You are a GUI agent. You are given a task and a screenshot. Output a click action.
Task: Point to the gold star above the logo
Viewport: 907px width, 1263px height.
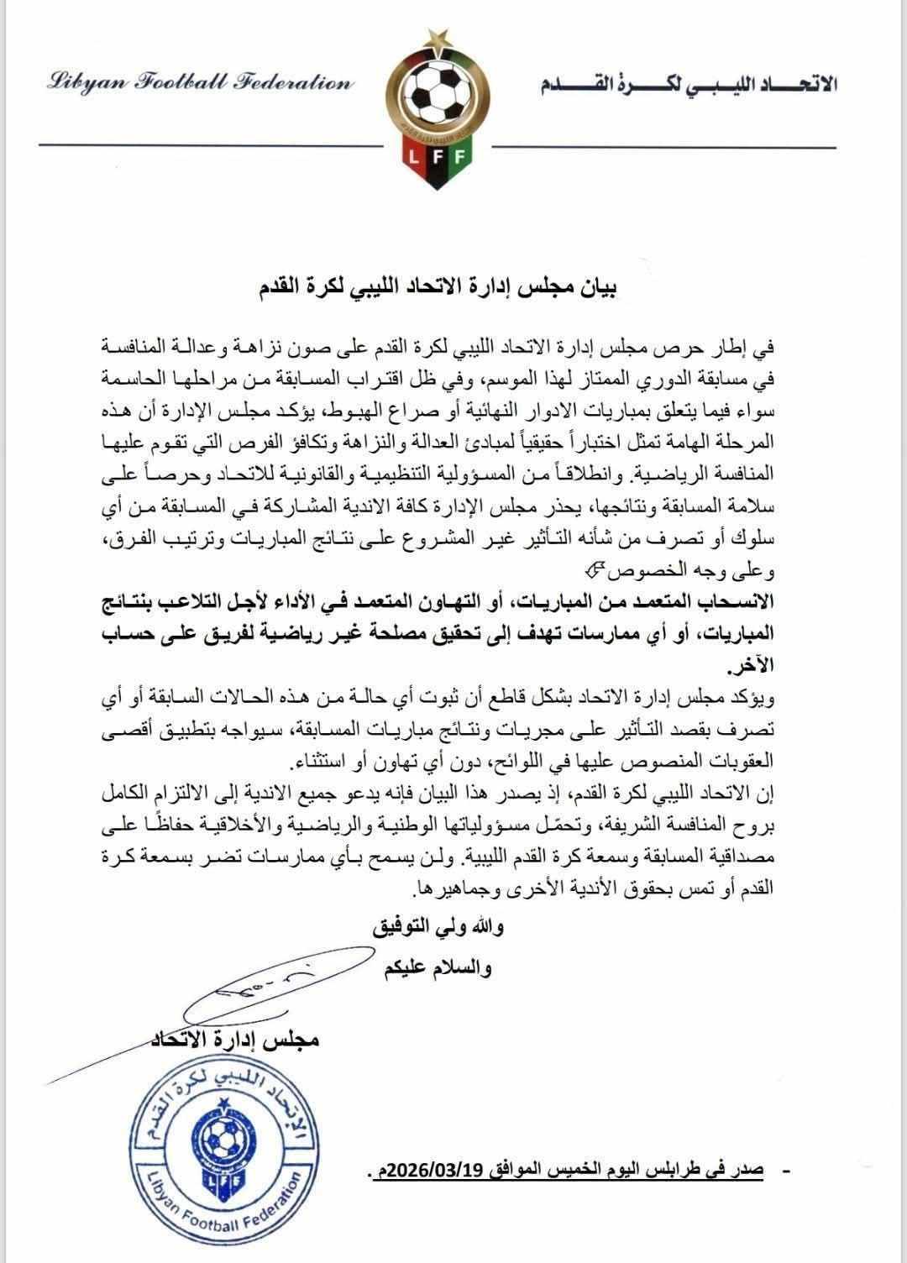436,34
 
